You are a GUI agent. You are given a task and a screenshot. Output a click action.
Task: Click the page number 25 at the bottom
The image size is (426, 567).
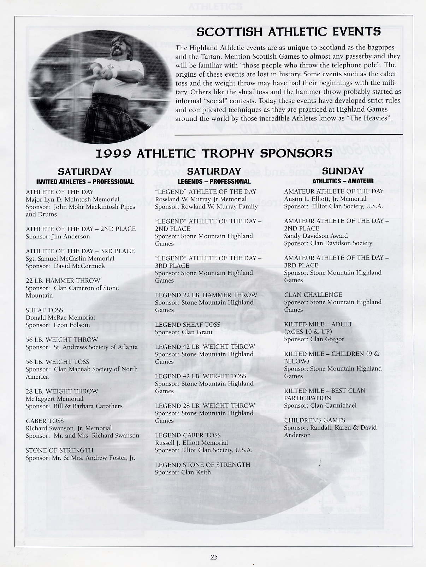tap(214, 557)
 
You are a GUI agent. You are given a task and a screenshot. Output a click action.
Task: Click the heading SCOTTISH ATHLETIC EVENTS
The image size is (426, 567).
tap(289, 32)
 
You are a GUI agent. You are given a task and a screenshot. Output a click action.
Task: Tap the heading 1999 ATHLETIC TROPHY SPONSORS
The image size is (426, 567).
tap(214, 153)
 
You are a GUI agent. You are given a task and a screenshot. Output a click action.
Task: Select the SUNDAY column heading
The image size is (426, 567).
tap(343, 171)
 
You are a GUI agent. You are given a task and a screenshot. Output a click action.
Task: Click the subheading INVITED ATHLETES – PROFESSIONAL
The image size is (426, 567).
tap(85, 182)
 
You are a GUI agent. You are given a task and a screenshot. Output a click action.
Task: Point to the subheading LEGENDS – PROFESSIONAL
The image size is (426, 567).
tap(214, 182)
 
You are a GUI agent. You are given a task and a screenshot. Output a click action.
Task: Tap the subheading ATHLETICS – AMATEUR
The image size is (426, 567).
tap(343, 181)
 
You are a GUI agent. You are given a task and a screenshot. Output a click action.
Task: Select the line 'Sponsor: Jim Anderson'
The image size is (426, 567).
tap(58, 237)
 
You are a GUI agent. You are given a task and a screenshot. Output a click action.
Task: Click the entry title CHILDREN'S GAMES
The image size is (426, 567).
tap(315, 420)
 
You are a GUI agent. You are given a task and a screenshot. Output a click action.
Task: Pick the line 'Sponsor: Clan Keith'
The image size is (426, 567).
tap(183, 472)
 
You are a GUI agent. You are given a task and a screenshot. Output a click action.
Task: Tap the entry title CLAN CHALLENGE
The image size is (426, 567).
tap(313, 295)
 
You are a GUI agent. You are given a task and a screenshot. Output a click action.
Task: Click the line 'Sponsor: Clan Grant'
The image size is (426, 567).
tap(184, 332)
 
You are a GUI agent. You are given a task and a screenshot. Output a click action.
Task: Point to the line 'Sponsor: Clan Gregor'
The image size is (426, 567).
tap(314, 339)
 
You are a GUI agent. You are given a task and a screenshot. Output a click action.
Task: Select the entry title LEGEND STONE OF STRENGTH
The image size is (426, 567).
tap(202, 465)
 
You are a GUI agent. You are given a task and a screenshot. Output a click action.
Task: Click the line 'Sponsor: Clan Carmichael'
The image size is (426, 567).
tap(320, 406)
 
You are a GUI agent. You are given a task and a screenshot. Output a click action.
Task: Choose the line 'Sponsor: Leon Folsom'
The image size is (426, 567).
tap(58, 325)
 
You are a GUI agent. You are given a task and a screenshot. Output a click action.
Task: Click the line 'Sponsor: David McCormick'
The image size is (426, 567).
tap(65, 266)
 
